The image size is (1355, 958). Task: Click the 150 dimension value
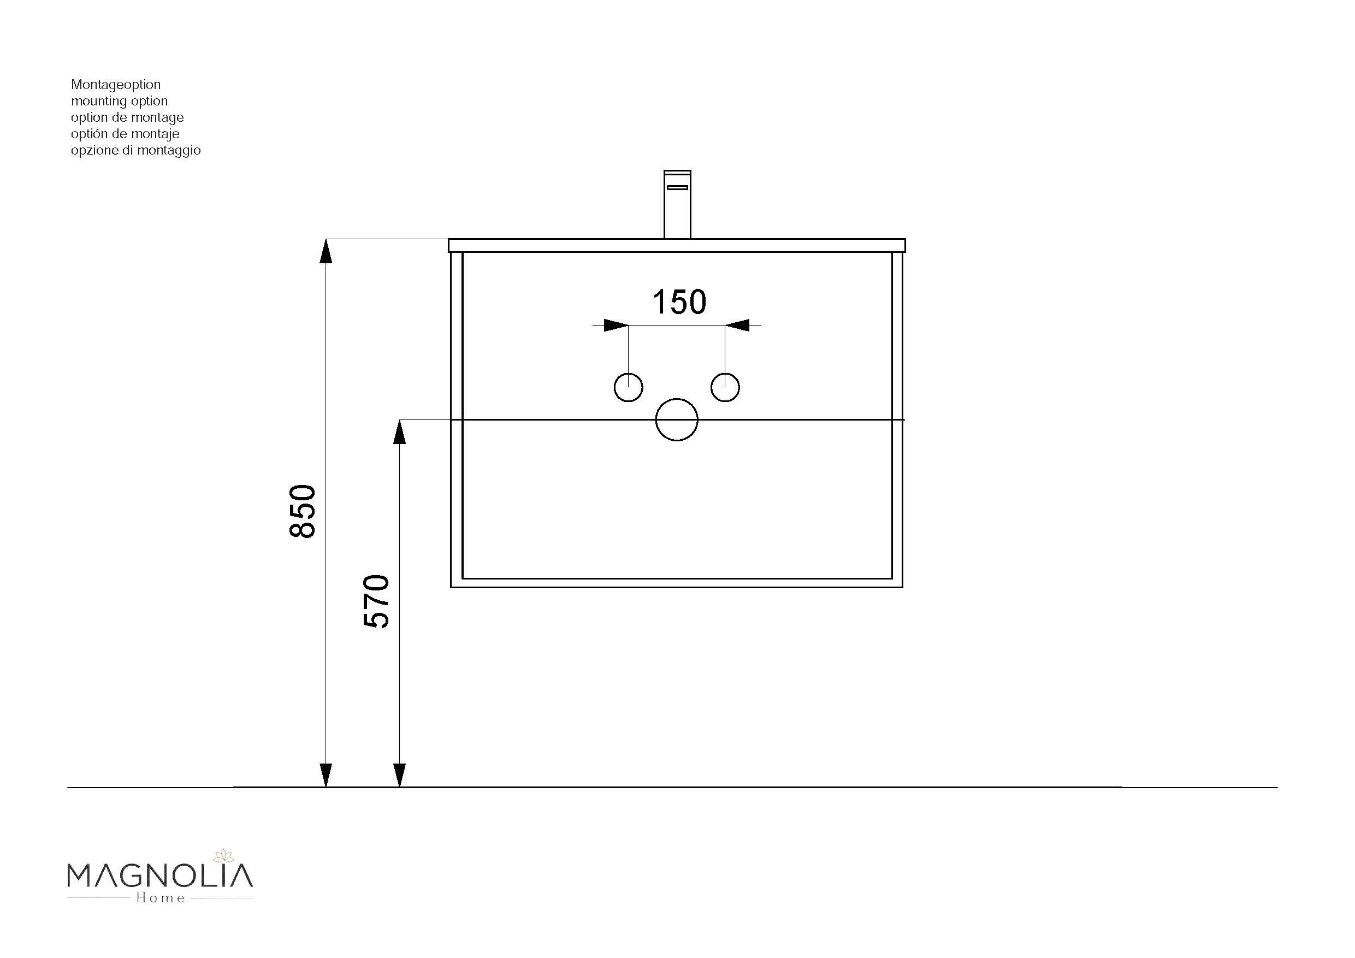click(679, 302)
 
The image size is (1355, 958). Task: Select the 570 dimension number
click(376, 601)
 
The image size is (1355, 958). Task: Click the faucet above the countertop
click(677, 204)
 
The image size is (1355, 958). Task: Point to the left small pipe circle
click(629, 388)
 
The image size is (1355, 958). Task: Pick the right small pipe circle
click(725, 388)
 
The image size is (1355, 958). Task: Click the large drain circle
click(677, 419)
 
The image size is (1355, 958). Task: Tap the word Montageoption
click(116, 85)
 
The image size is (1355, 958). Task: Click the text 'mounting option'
click(119, 101)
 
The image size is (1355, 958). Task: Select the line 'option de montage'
click(127, 117)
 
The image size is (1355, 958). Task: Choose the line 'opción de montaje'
click(125, 134)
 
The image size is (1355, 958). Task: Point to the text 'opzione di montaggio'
click(136, 151)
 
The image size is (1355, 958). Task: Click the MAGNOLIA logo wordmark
click(160, 876)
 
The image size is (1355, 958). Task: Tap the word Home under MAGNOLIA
click(161, 898)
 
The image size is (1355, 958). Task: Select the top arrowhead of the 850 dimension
click(326, 251)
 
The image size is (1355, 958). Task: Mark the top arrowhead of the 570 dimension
click(400, 432)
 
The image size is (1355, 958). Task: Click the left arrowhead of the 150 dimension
click(616, 325)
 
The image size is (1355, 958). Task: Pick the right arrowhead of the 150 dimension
click(738, 325)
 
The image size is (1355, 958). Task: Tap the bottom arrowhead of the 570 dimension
click(400, 774)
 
